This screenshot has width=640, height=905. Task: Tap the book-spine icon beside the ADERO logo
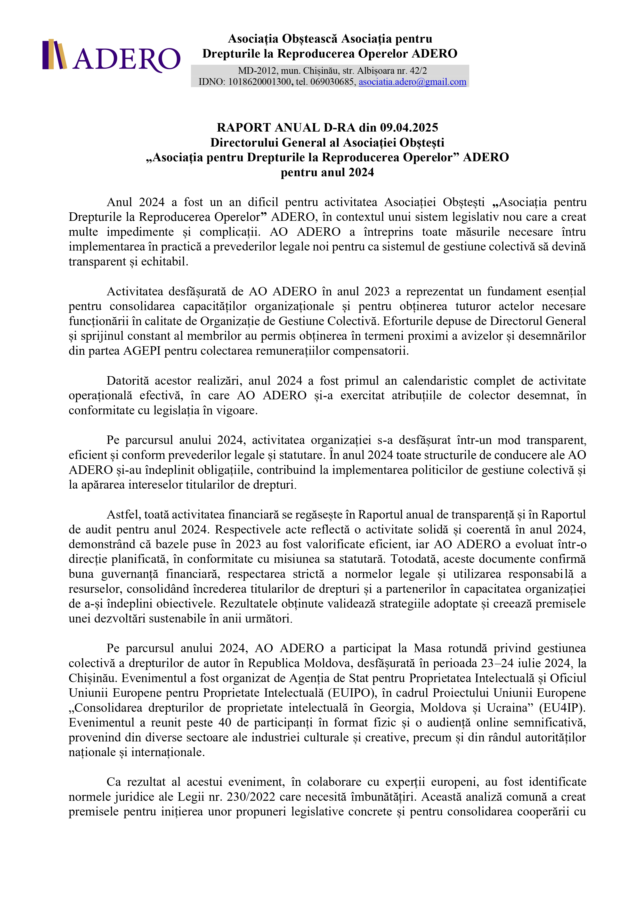(x=54, y=54)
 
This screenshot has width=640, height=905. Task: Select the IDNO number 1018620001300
(x=260, y=82)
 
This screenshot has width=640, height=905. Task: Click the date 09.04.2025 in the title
(x=409, y=128)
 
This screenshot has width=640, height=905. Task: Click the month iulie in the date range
(x=527, y=663)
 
